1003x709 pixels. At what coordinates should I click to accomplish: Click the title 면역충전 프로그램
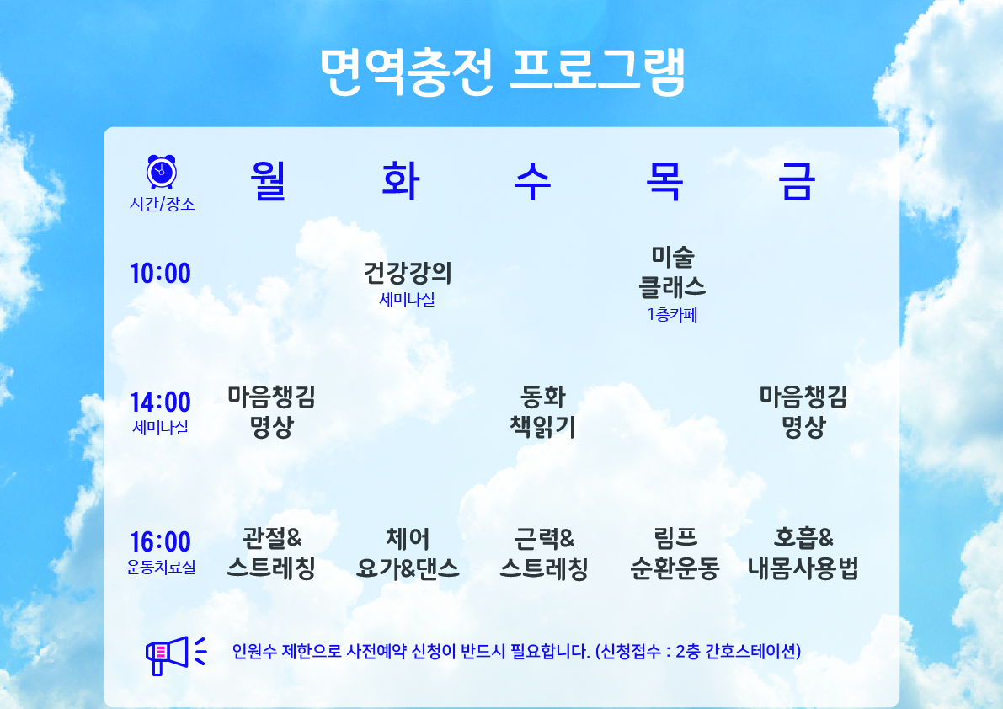(503, 72)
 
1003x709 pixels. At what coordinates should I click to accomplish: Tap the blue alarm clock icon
(161, 171)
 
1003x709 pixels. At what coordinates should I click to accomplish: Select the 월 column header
(268, 181)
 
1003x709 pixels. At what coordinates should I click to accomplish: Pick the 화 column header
(400, 181)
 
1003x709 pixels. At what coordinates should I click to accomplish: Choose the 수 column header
(532, 181)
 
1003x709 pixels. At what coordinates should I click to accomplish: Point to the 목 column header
(664, 181)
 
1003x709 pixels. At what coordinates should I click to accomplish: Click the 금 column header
(797, 181)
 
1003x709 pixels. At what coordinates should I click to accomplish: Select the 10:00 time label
(161, 273)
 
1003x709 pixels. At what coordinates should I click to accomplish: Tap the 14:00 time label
(161, 402)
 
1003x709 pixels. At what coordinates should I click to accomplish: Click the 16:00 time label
(161, 542)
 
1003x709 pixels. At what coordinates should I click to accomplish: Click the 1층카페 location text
(672, 315)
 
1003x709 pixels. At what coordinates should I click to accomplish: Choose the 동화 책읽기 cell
(542, 412)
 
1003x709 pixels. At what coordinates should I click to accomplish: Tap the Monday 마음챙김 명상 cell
(272, 412)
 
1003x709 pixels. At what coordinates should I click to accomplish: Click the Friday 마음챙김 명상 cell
(803, 412)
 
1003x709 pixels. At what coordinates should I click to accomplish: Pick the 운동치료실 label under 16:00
(161, 567)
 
